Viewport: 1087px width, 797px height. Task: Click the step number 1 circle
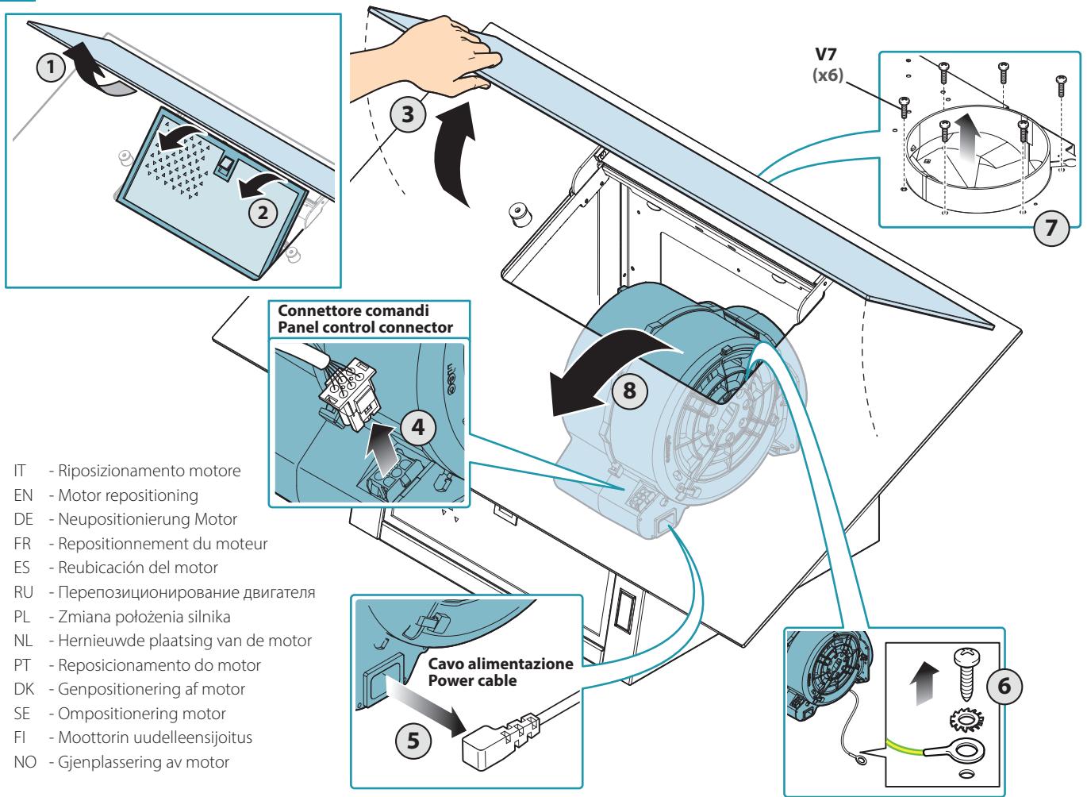(51, 67)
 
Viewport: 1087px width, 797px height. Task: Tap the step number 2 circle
(263, 212)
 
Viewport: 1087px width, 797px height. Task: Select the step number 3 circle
(408, 114)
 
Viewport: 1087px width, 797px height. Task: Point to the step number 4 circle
(418, 427)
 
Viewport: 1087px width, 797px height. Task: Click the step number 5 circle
(413, 741)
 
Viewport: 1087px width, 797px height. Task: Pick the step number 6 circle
(1004, 686)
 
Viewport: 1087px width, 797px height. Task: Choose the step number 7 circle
(1051, 227)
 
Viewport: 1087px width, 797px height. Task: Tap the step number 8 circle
(629, 391)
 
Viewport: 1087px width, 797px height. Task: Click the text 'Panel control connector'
(366, 327)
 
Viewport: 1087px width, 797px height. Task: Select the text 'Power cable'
(472, 680)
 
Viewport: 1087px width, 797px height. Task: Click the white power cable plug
(500, 741)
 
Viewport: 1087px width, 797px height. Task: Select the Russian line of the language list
(164, 592)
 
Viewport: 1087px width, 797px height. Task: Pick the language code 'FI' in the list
(19, 737)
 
